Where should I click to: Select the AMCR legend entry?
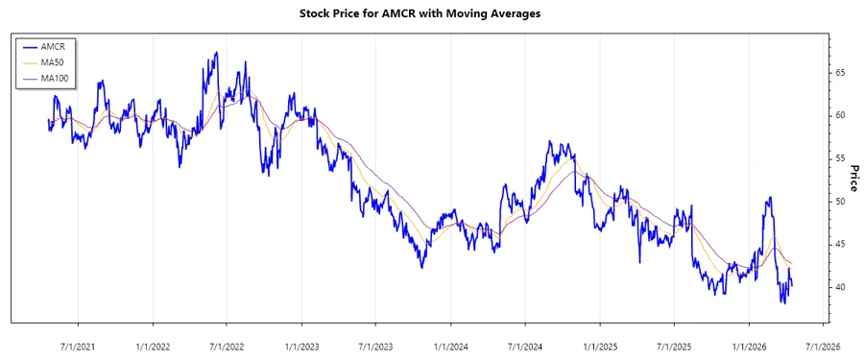(x=53, y=46)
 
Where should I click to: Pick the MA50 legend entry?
(x=53, y=62)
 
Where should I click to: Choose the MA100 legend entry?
(x=55, y=78)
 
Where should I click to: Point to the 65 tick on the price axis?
(x=840, y=73)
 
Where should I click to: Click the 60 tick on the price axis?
(x=840, y=115)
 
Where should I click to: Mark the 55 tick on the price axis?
(x=840, y=158)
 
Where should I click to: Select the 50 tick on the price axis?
(x=840, y=202)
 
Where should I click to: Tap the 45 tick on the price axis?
(x=840, y=245)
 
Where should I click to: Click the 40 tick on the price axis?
(x=840, y=288)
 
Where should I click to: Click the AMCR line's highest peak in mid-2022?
(x=217, y=53)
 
